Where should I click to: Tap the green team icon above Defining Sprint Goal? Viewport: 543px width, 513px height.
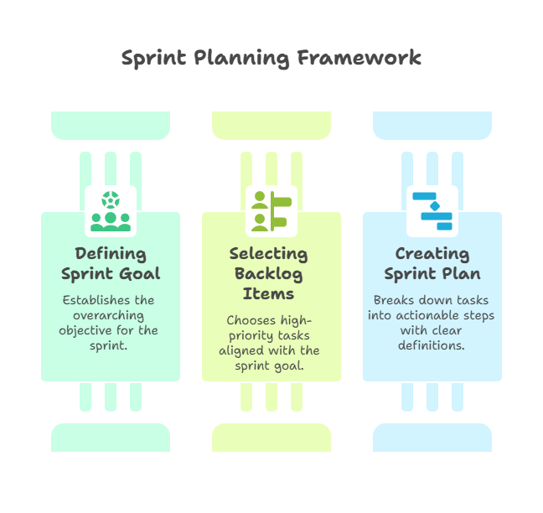coord(111,210)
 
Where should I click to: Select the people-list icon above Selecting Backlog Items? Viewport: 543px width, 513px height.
coord(271,210)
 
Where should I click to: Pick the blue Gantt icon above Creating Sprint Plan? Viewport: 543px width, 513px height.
coord(432,210)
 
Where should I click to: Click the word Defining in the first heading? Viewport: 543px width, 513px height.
coord(111,253)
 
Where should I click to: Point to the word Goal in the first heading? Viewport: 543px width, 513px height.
coord(139,273)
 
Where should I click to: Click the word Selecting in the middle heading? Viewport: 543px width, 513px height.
coord(269,253)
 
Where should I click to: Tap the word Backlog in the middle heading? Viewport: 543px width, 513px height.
coord(269,273)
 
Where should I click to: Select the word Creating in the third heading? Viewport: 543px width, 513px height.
coord(432,253)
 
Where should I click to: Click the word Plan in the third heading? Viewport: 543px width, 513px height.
coord(463,273)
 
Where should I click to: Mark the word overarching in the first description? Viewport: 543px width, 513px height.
coord(111,315)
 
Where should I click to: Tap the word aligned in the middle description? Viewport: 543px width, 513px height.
coord(241,350)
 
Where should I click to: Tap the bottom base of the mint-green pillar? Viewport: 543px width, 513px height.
coord(111,438)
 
